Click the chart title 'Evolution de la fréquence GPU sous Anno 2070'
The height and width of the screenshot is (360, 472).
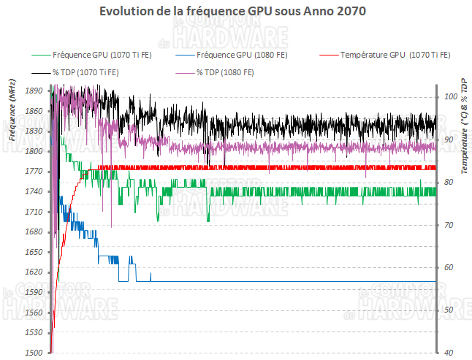(232, 12)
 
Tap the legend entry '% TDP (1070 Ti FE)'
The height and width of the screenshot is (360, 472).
(85, 72)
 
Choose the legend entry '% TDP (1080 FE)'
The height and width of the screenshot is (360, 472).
(224, 72)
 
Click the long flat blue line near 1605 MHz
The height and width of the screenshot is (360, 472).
(292, 281)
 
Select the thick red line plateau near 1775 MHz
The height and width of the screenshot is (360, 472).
(292, 167)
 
